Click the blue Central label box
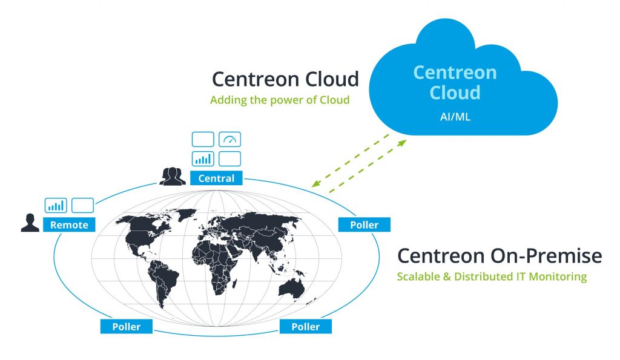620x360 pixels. pyautogui.click(x=216, y=178)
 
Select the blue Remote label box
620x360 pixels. pyautogui.click(x=69, y=224)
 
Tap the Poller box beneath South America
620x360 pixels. pyautogui.click(x=127, y=326)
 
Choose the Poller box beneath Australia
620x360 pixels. pyautogui.click(x=306, y=326)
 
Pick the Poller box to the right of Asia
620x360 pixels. pyautogui.click(x=364, y=224)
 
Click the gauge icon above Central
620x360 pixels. pyautogui.click(x=229, y=140)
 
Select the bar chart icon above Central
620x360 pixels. pyautogui.click(x=203, y=159)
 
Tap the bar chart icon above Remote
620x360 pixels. pyautogui.click(x=56, y=206)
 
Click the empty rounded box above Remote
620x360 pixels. pyautogui.click(x=82, y=206)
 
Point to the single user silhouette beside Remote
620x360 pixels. pyautogui.click(x=30, y=223)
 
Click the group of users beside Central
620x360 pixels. pyautogui.click(x=173, y=176)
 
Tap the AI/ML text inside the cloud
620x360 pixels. pyautogui.click(x=455, y=117)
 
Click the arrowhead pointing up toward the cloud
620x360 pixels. pyautogui.click(x=402, y=143)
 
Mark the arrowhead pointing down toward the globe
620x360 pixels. pyautogui.click(x=315, y=183)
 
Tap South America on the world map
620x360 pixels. pyautogui.click(x=162, y=281)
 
